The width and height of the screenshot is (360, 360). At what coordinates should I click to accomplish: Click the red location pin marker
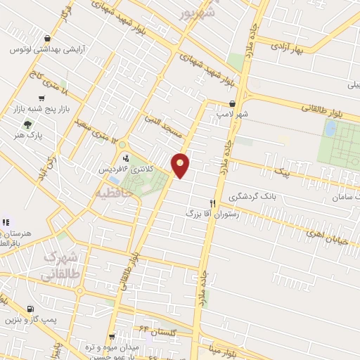181,165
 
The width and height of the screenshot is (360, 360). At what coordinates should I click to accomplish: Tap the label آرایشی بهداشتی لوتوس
47,51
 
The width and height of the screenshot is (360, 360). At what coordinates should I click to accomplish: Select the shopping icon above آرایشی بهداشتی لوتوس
46,39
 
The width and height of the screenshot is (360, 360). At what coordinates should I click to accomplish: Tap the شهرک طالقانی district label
59,266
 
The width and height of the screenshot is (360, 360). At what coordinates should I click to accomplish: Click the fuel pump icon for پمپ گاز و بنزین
30,309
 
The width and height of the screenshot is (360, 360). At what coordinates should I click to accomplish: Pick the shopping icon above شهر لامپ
232,103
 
